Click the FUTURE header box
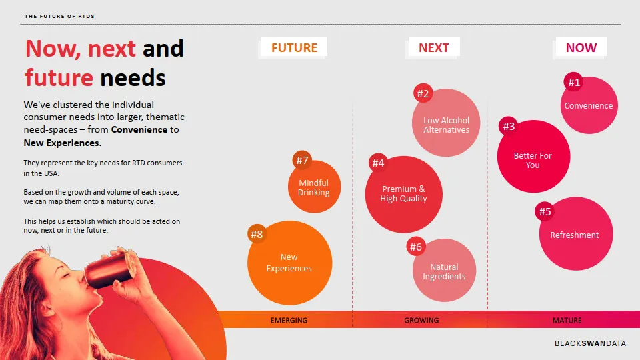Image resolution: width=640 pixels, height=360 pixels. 294,47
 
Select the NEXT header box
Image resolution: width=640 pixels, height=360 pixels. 434,47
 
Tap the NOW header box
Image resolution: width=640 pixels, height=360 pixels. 581,47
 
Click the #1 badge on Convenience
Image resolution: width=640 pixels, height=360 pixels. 574,83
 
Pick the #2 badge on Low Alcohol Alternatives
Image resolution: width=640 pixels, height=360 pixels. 423,93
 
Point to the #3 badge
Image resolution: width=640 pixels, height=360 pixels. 509,126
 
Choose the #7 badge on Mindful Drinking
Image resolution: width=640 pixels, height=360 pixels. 302,161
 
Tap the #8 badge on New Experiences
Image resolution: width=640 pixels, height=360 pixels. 257,234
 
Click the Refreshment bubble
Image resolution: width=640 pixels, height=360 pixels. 576,233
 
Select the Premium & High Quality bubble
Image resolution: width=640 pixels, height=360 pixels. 404,194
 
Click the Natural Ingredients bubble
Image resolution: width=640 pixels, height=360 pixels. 444,270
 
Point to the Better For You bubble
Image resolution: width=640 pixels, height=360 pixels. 533,156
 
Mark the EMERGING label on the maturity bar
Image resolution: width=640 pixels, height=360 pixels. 289,321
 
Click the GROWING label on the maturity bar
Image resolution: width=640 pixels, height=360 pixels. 421,321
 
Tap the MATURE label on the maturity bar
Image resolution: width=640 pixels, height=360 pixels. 567,321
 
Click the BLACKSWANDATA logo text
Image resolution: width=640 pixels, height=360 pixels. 590,343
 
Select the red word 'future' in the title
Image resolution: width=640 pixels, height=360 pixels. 59,77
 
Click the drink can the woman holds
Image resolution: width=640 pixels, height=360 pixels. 108,269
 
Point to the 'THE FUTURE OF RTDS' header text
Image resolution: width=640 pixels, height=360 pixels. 59,16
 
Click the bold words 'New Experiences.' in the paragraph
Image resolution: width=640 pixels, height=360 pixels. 63,143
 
